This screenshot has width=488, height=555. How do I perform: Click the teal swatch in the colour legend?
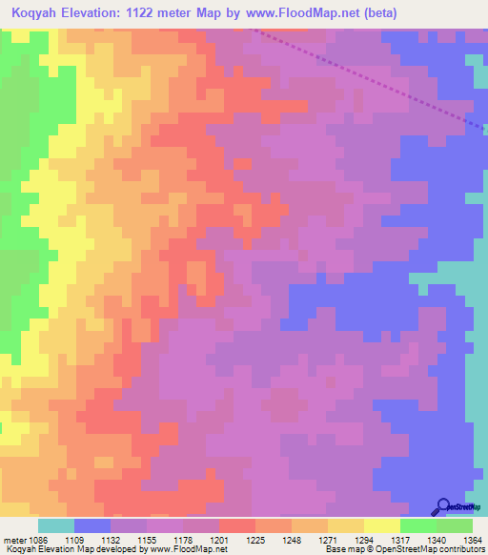pyautogui.click(x=55, y=525)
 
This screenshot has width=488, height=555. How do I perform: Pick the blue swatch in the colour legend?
pyautogui.click(x=92, y=525)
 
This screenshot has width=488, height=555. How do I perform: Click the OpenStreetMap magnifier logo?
pyautogui.click(x=443, y=506)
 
